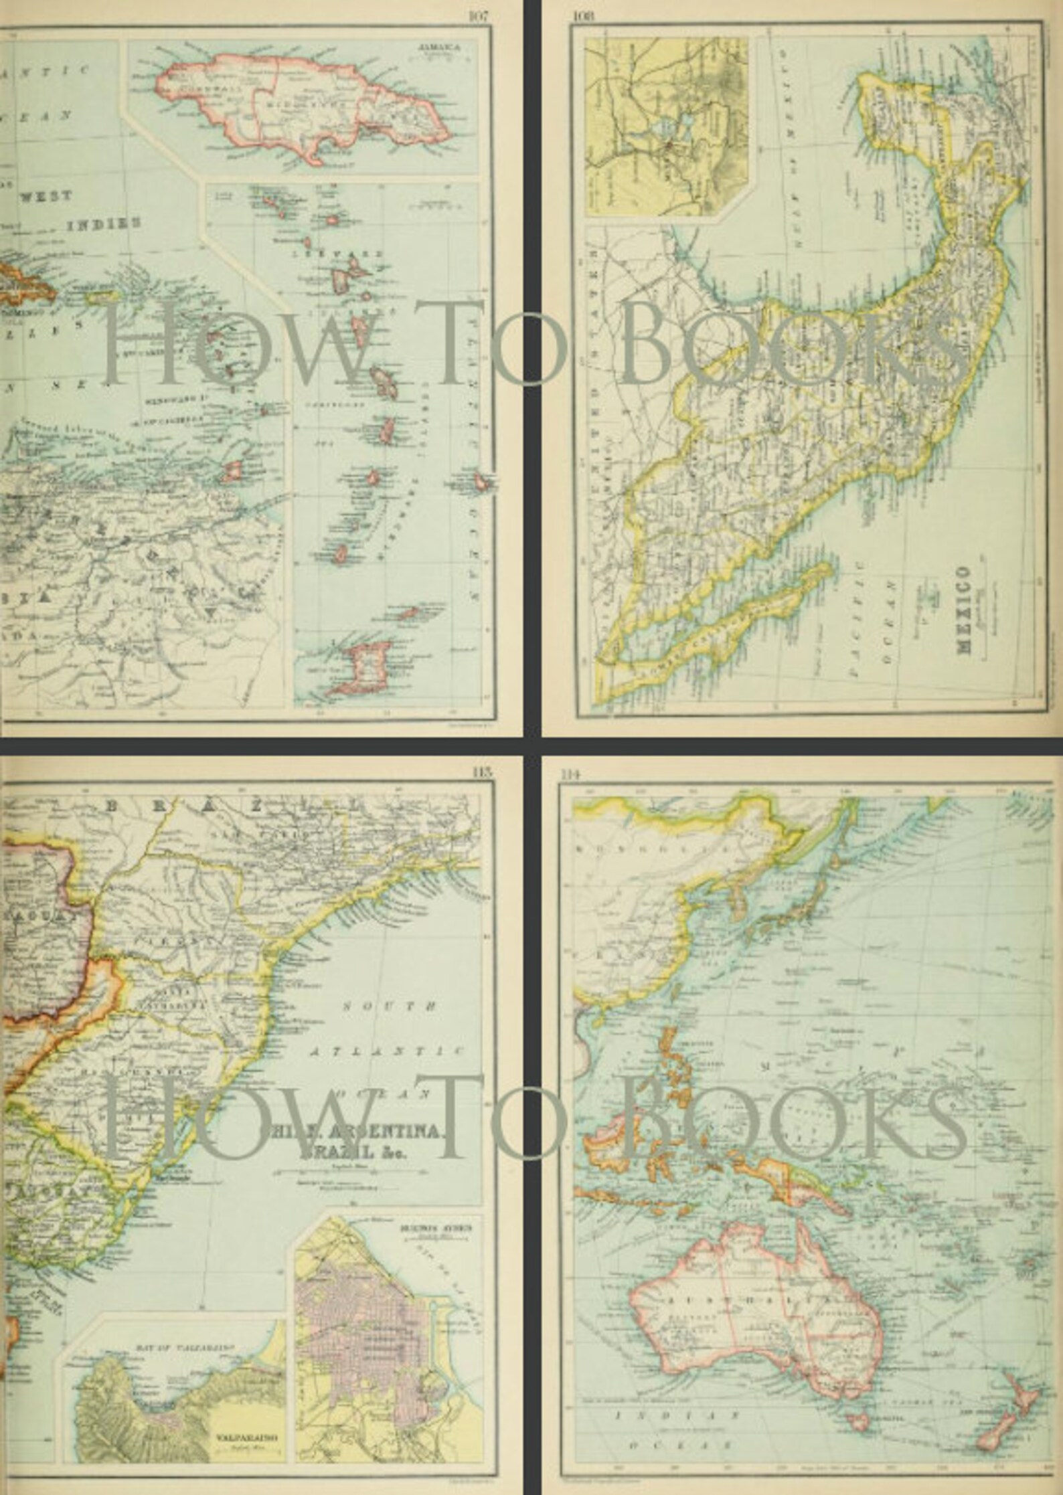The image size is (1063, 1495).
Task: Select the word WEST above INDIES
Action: pyautogui.click(x=46, y=196)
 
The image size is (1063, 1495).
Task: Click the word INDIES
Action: pyautogui.click(x=104, y=223)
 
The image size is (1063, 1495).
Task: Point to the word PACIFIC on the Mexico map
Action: pyautogui.click(x=857, y=615)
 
